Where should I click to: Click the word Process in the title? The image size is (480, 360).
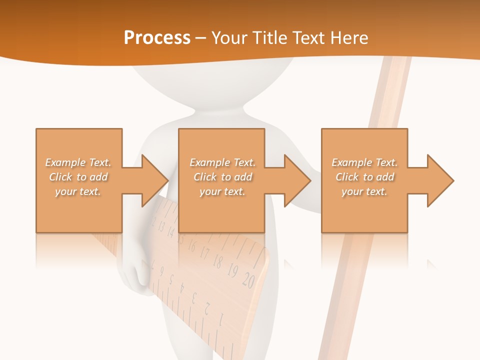click(157, 38)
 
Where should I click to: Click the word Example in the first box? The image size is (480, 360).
click(64, 162)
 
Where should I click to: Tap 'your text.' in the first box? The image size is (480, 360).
click(78, 191)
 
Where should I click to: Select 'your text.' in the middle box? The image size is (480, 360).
click(222, 191)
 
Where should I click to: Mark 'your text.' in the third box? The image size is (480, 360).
click(364, 191)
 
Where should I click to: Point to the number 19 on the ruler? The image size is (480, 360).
click(232, 271)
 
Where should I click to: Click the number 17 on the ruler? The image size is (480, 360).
click(204, 252)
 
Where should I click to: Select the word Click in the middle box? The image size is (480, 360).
click(204, 177)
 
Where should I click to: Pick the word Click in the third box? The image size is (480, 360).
click(346, 177)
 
